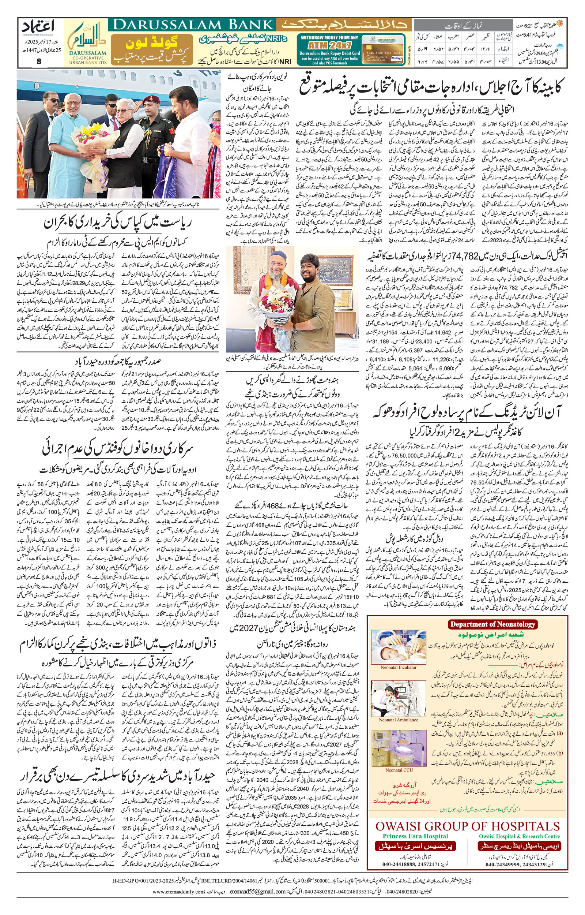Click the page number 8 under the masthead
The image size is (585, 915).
click(x=39, y=61)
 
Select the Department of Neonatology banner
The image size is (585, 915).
click(x=492, y=624)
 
